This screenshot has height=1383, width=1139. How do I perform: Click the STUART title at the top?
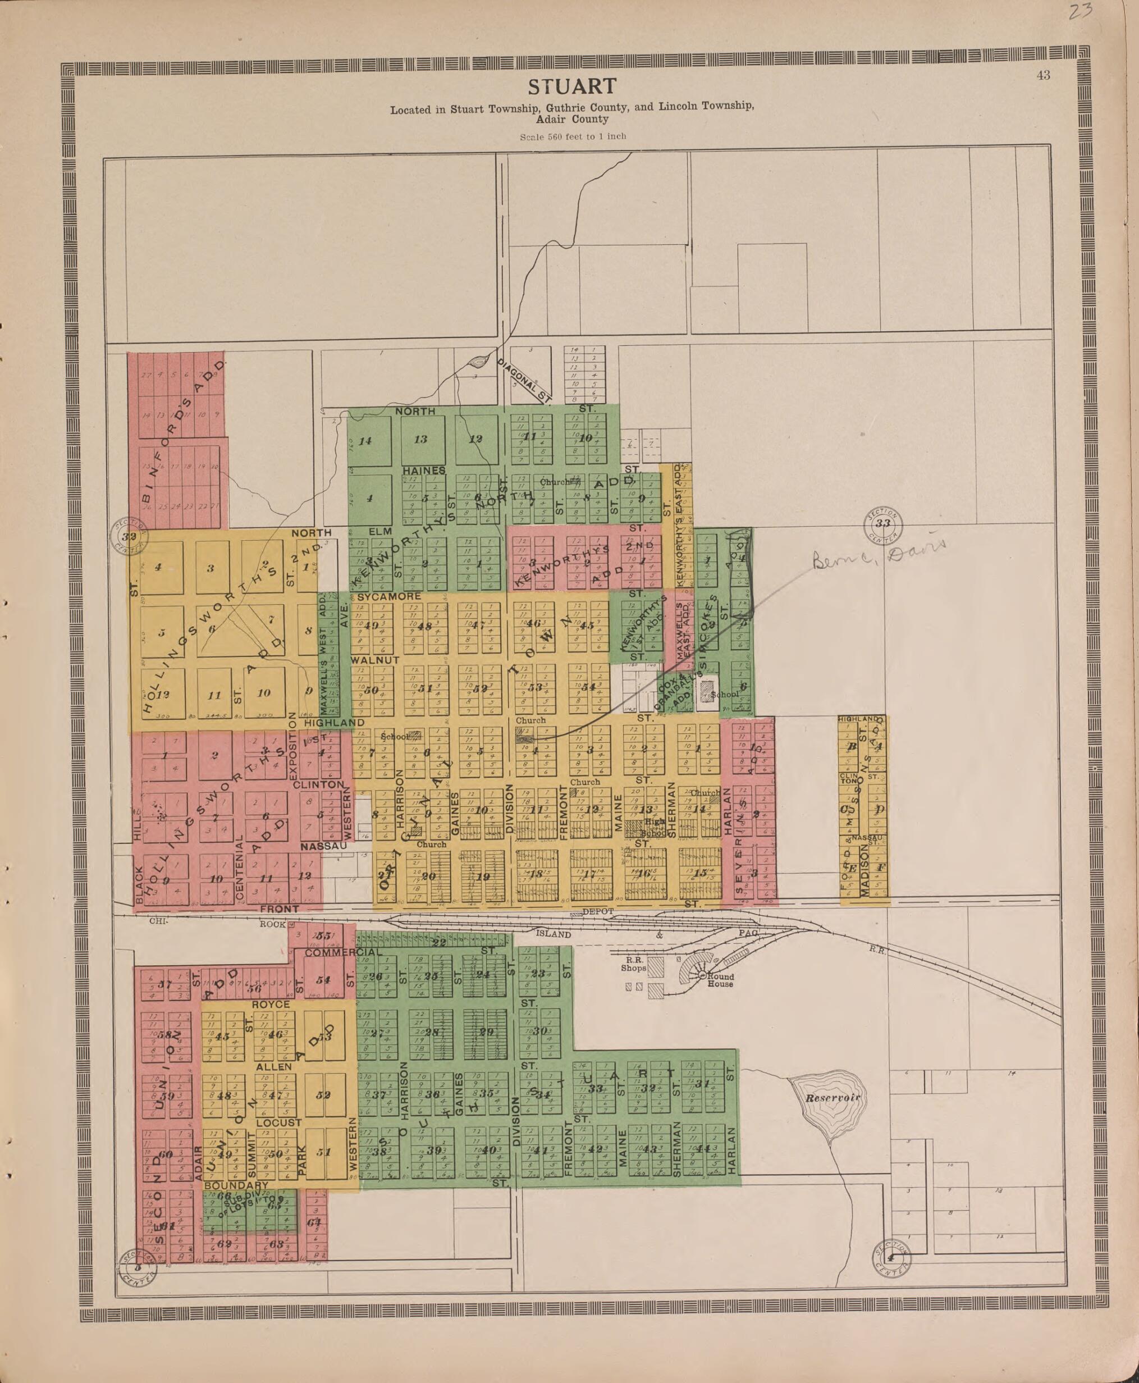[572, 86]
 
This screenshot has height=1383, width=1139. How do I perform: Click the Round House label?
[720, 980]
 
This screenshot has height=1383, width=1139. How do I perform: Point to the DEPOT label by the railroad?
[597, 912]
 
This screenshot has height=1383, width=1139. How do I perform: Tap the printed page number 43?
[1043, 75]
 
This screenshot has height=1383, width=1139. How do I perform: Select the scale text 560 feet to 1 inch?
[573, 136]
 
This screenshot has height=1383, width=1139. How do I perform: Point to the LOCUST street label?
[279, 1123]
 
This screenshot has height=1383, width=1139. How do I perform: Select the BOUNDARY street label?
[233, 1186]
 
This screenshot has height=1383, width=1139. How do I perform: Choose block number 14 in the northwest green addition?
[365, 440]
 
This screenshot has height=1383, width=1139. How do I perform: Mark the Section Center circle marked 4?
[890, 1258]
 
